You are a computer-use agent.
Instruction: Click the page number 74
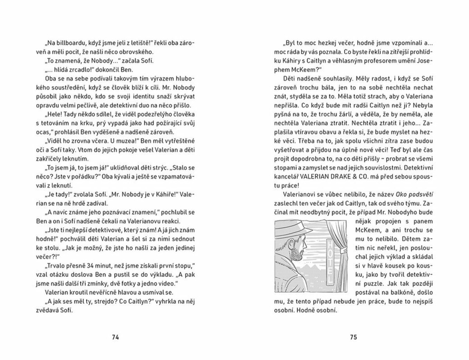point(115,337)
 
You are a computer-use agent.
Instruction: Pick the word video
point(168,283)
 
